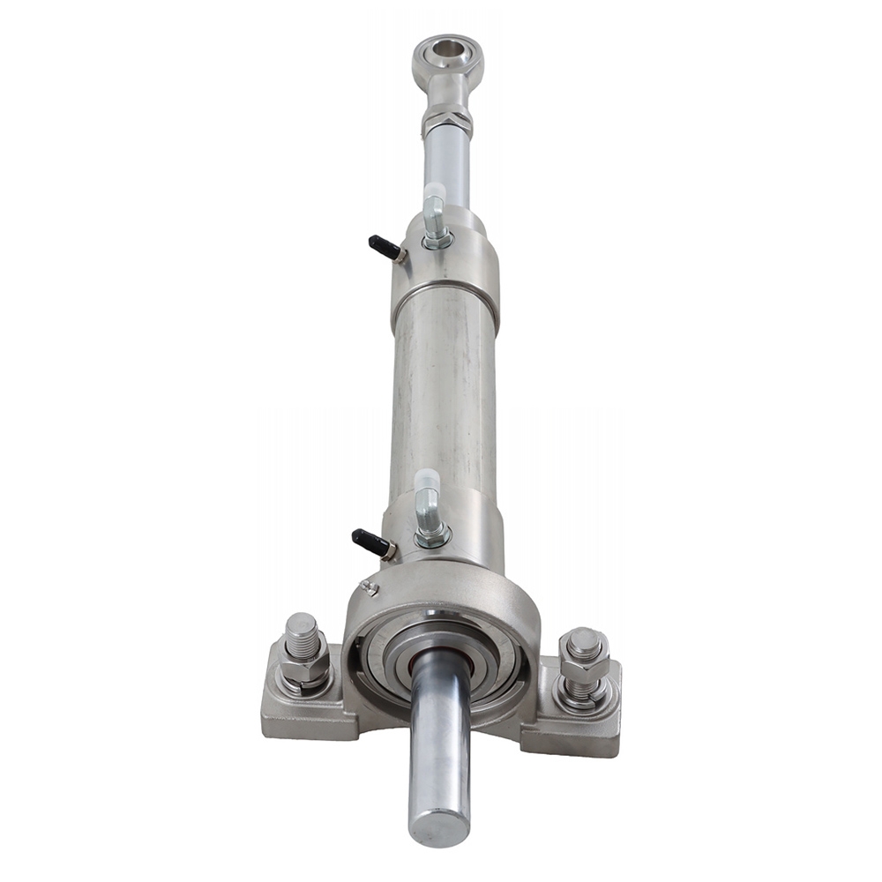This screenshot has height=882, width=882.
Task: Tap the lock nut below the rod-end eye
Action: pos(447,122)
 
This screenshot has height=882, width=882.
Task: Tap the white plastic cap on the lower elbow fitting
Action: pos(428,482)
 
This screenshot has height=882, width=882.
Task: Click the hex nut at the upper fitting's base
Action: pos(437,240)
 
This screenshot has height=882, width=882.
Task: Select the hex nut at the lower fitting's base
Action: pos(433,535)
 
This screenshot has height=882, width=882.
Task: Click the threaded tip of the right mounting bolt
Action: pos(584,642)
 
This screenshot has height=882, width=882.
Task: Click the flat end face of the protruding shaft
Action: pos(438,826)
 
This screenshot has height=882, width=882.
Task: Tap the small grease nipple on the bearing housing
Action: pos(370,587)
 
